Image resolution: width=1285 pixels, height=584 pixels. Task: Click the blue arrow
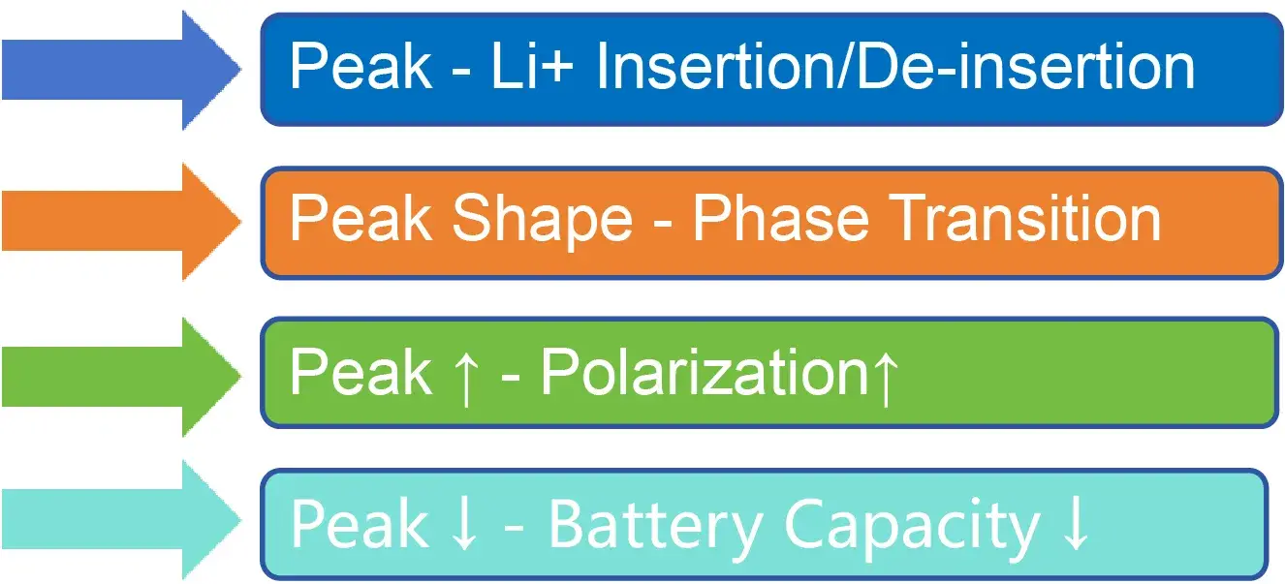[x=121, y=70]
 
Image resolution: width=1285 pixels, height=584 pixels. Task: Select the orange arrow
[x=121, y=222]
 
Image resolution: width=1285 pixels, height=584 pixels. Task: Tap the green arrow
[x=121, y=377]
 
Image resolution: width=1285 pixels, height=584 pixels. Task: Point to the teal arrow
[x=121, y=520]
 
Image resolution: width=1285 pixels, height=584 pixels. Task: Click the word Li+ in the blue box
[x=532, y=67]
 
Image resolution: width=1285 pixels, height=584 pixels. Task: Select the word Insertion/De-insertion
[x=895, y=67]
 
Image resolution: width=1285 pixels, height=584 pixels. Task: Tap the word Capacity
[x=912, y=527]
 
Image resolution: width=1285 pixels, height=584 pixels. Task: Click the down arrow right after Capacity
[x=1075, y=523]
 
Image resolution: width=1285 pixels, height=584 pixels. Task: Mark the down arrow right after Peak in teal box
[x=464, y=523]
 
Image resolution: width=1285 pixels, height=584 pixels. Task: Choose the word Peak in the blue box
[x=360, y=66]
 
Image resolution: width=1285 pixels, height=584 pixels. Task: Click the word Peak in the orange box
[x=360, y=218]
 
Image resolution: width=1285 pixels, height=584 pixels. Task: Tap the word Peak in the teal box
[x=360, y=524]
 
